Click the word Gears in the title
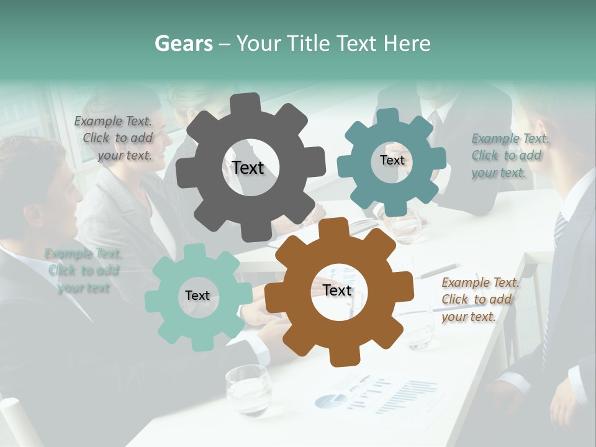click(x=183, y=43)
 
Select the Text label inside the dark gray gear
click(x=248, y=168)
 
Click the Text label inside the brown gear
click(x=337, y=291)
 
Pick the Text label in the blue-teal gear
click(x=392, y=160)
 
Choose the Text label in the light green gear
click(x=197, y=296)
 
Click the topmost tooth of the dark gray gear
click(x=249, y=102)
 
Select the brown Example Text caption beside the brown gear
click(x=479, y=300)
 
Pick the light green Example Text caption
click(x=83, y=271)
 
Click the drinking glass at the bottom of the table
click(x=248, y=389)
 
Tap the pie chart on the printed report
click(x=330, y=401)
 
